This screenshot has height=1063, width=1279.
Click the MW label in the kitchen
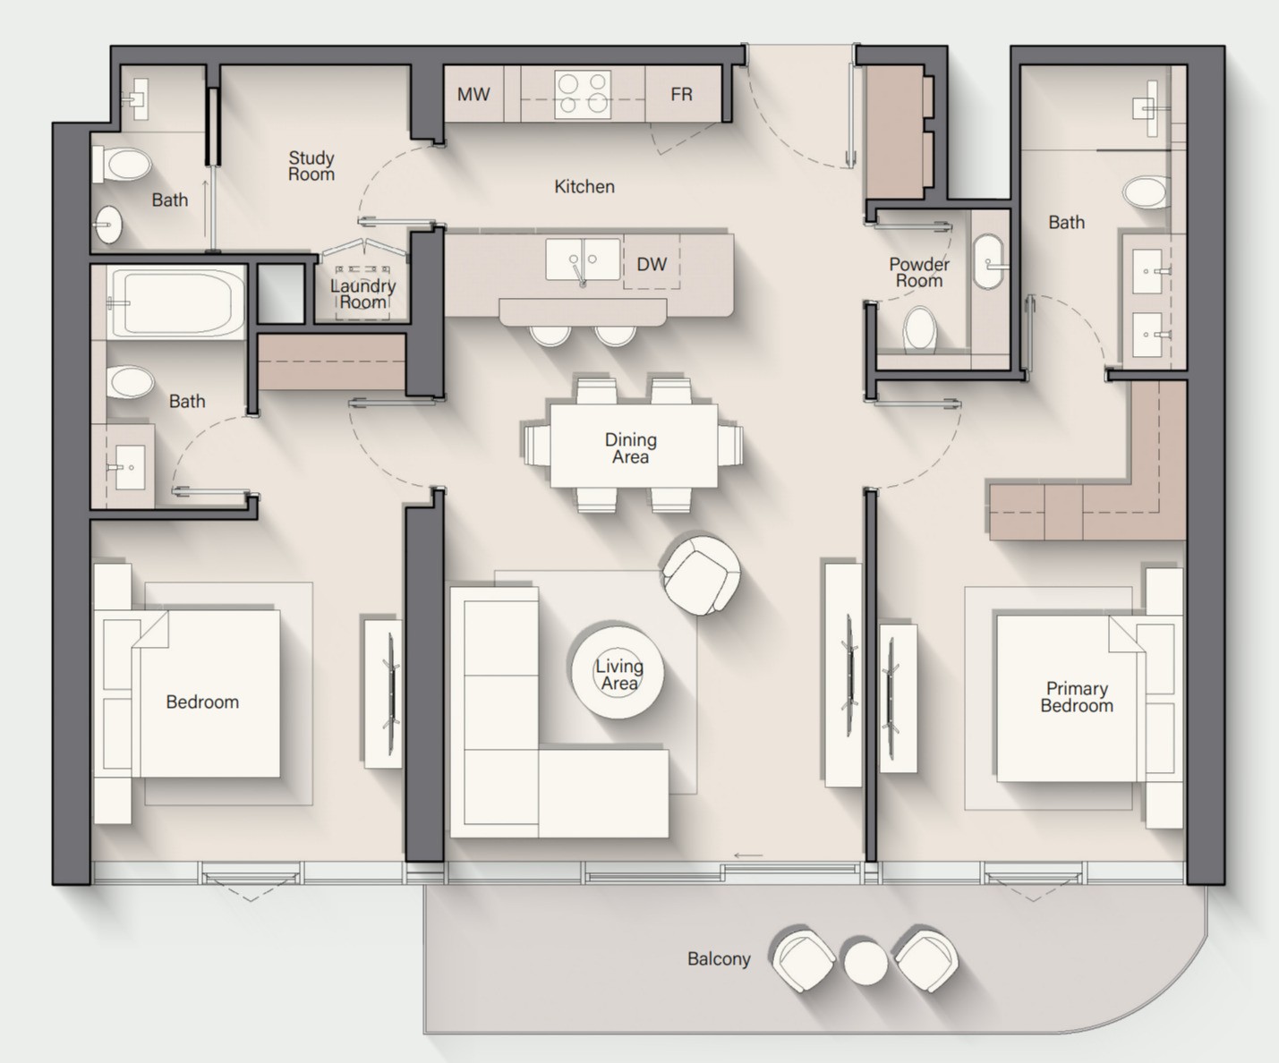[x=473, y=94]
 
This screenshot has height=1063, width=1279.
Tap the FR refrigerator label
[x=681, y=94]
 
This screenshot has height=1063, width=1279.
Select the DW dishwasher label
[x=652, y=264]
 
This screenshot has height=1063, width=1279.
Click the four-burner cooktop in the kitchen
[x=583, y=94]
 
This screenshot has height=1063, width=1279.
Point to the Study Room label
[x=311, y=166]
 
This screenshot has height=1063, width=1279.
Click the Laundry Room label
[x=362, y=293]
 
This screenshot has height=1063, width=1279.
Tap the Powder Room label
[x=919, y=273]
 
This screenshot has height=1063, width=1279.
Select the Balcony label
[x=719, y=959]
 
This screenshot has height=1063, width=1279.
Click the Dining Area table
[x=634, y=446]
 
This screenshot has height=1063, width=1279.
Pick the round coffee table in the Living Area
[x=618, y=671]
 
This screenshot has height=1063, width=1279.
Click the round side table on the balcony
[x=865, y=963]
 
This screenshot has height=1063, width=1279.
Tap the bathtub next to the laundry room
[x=175, y=303]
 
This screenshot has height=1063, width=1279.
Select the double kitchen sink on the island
[x=583, y=260]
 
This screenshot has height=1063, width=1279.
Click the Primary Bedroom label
[x=1076, y=697]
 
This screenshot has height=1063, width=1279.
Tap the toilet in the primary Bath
[x=1146, y=191]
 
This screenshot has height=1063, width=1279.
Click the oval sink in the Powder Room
[x=988, y=261]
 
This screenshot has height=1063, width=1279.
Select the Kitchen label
[x=584, y=187]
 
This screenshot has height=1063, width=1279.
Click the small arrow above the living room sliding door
[x=748, y=855]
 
